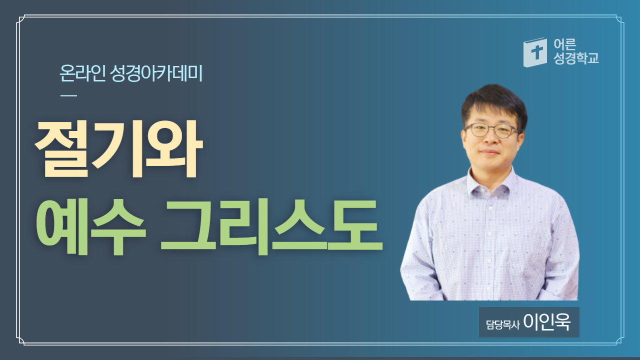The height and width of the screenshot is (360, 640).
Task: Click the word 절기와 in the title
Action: coord(118,148)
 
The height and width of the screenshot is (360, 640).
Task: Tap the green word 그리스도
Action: coord(271,227)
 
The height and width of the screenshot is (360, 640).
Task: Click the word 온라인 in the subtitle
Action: coord(82,73)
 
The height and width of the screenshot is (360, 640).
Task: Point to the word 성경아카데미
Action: coord(156,73)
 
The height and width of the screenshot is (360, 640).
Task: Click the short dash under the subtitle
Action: coord(68,95)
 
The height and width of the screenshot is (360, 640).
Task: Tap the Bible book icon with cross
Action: coord(535,52)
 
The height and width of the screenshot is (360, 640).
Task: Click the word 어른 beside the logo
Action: coord(565,44)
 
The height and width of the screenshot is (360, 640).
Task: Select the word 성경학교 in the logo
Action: coord(576,58)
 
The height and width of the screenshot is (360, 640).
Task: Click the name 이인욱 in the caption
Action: coord(547,322)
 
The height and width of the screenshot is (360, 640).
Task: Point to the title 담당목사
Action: coord(502,324)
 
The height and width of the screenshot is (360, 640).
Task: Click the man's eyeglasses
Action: coord(492,130)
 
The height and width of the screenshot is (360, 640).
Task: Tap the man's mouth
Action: coord(489,152)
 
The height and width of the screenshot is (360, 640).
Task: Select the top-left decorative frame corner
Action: coord(20,19)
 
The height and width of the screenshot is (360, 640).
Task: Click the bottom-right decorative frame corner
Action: coord(619,341)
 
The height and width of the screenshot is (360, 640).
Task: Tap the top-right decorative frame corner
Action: coord(619,19)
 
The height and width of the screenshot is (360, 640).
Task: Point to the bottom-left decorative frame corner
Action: coord(20,341)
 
